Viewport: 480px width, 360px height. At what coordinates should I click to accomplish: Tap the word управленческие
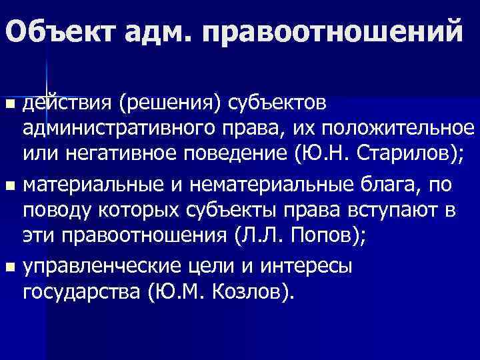pyautogui.click(x=108, y=267)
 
